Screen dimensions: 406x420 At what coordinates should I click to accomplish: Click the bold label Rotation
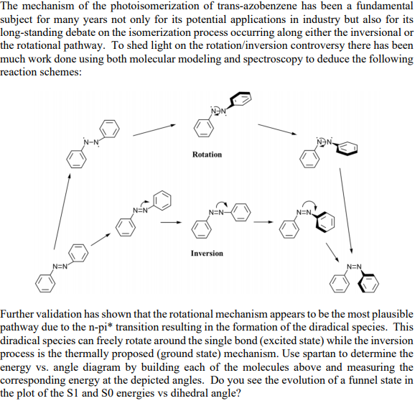(x=207, y=154)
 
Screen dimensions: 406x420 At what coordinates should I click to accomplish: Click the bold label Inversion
(x=207, y=253)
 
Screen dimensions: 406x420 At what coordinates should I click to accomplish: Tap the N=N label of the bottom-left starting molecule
(x=59, y=268)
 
